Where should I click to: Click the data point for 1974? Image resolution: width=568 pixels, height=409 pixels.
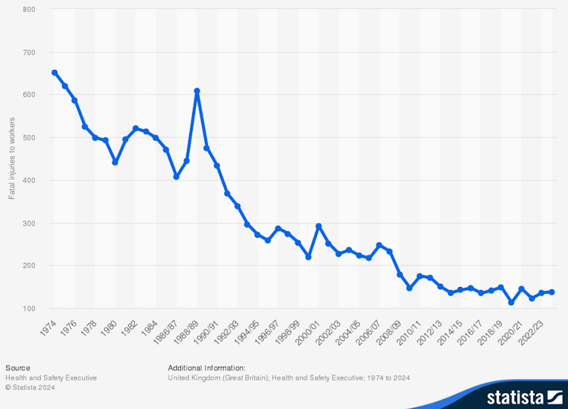point(54,72)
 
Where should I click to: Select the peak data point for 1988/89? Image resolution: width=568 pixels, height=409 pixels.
point(197,91)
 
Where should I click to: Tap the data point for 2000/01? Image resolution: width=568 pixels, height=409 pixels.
point(319,226)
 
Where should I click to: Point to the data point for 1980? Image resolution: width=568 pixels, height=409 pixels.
point(115,162)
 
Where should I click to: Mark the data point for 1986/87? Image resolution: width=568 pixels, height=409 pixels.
point(176,176)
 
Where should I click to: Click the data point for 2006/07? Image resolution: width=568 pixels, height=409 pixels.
point(380,245)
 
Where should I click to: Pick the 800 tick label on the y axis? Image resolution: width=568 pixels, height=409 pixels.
point(30,9)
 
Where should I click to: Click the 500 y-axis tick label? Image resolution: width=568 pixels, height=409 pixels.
point(30,137)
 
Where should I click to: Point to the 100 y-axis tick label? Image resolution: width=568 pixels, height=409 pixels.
point(30,308)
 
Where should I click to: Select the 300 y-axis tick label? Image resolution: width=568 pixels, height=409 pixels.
point(30,223)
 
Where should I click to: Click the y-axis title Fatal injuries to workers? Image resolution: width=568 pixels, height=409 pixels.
point(11,159)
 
